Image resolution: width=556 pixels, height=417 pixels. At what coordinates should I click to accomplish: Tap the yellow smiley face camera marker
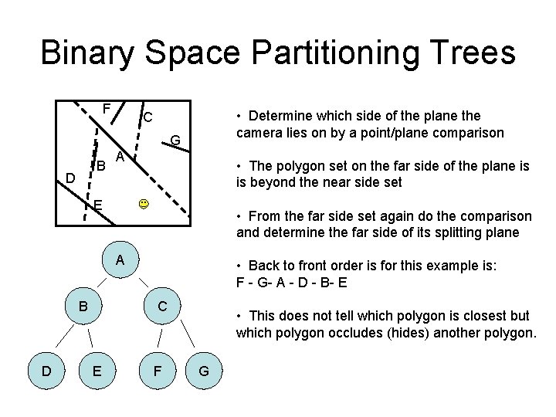(144, 205)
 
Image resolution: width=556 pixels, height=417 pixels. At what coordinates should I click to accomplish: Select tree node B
(82, 306)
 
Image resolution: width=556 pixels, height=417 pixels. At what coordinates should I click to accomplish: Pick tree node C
(162, 306)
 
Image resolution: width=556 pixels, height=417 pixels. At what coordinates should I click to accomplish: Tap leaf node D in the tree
(46, 371)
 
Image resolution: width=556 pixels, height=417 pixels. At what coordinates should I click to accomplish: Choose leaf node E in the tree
(97, 371)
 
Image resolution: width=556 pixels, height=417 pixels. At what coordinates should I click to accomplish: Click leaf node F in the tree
(157, 371)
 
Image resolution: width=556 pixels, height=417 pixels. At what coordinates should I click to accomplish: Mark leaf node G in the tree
(204, 371)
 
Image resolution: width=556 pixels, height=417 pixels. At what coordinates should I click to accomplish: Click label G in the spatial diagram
(175, 140)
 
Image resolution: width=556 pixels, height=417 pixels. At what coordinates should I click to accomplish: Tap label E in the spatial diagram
(98, 205)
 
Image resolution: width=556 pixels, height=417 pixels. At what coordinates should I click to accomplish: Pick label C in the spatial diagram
(147, 117)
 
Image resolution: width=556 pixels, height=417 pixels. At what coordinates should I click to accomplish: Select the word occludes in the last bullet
(375, 333)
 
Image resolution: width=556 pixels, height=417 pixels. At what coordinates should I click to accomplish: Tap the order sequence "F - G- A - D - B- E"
(292, 282)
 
